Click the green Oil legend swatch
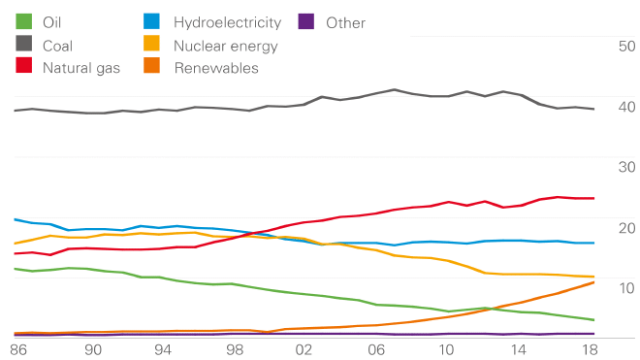[x=24, y=21]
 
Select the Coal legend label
[x=57, y=45]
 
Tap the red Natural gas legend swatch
[x=24, y=67]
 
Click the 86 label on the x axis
[x=17, y=349]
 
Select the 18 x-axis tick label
[x=588, y=349]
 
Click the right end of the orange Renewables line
[x=593, y=281]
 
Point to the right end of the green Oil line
[x=593, y=320]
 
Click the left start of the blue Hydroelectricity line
[x=15, y=219]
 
